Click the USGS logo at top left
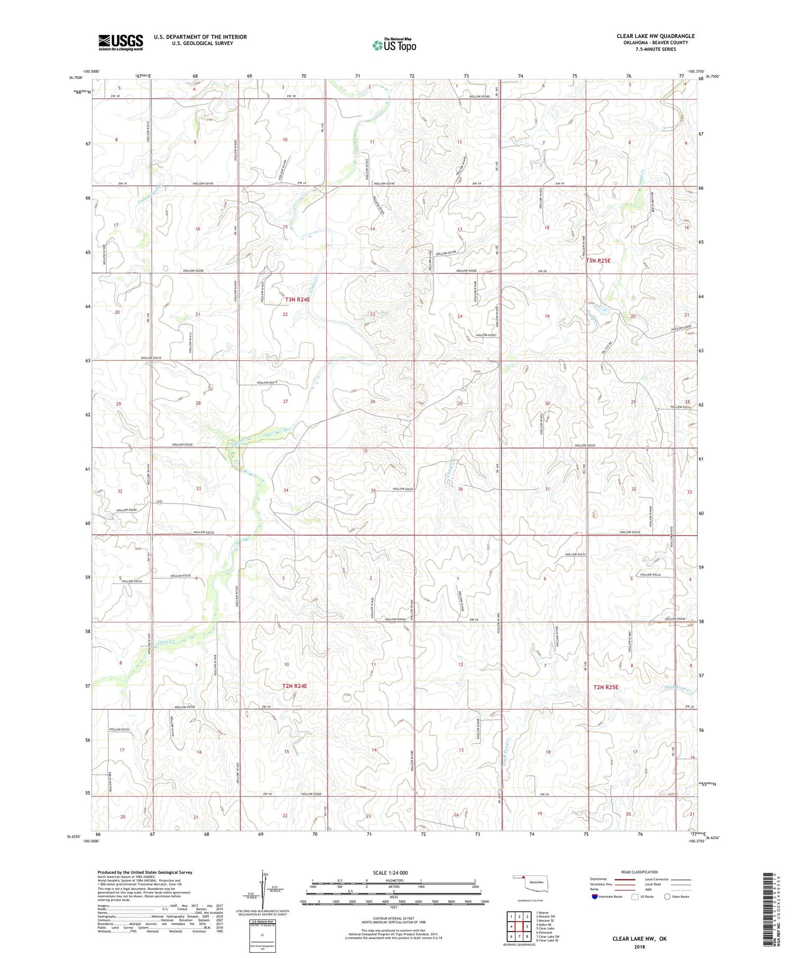(121, 42)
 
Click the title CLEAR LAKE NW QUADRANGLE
(655, 36)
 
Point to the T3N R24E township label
(297, 300)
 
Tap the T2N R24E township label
(294, 686)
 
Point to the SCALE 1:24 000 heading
(393, 872)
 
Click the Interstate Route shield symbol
(594, 897)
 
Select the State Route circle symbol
(667, 896)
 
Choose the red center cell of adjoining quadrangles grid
(520, 926)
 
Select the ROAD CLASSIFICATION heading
(639, 872)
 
